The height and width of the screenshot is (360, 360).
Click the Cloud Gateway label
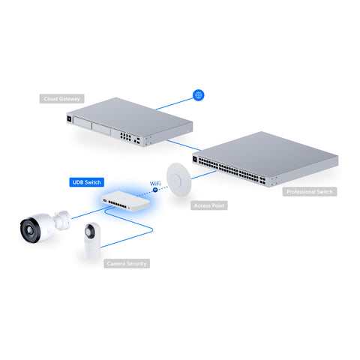[x=62, y=98]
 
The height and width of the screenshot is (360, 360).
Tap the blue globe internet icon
[x=199, y=95]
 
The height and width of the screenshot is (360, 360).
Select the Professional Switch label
[x=310, y=192]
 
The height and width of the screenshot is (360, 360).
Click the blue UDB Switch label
[x=87, y=182]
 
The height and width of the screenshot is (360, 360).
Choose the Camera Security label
[x=127, y=263]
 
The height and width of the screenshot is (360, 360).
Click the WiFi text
[x=157, y=183]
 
